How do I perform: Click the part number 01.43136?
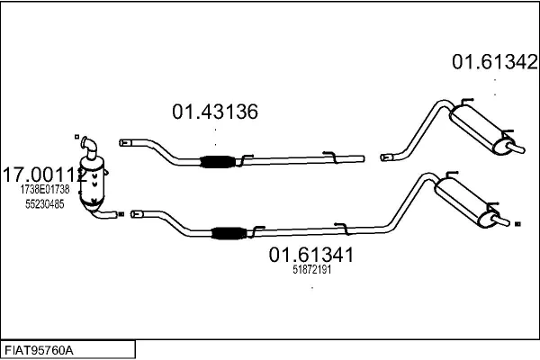point(215,112)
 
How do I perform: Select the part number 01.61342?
point(495,62)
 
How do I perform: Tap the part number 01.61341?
point(311,255)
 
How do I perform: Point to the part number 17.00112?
point(45,175)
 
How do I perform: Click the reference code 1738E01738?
point(45,189)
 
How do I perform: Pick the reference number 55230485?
point(45,204)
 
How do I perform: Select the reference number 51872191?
point(312,269)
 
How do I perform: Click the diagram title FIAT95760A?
point(39,351)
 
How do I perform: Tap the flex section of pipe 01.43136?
point(218,162)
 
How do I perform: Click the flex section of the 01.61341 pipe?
point(229,233)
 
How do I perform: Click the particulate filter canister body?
point(92,183)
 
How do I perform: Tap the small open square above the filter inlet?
point(76,137)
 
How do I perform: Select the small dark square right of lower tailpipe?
point(517,224)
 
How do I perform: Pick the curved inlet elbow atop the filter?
point(88,147)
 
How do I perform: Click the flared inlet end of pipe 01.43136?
point(125,142)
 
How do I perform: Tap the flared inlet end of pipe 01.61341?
point(137,214)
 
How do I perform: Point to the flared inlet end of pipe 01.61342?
point(386,157)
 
